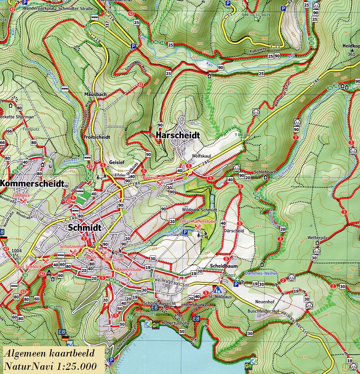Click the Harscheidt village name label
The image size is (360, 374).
tap(178, 135)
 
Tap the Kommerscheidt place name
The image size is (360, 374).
tap(32, 183)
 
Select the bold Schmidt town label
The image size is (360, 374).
tap(83, 228)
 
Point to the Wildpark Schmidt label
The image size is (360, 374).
tap(199, 210)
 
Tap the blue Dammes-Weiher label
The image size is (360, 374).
tap(261, 274)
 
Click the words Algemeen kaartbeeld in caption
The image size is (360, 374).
tap(49, 353)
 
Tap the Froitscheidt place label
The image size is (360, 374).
tap(97, 137)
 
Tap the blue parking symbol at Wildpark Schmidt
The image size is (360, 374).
tap(185, 232)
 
